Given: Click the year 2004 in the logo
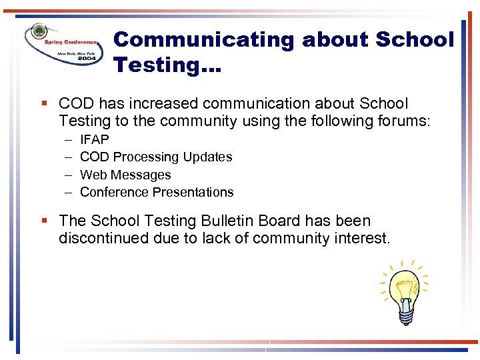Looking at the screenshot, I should tap(85, 58).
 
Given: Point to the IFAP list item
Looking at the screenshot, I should tap(94, 139).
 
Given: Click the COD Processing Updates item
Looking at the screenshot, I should tap(156, 157).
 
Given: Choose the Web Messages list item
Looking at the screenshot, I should tap(125, 175).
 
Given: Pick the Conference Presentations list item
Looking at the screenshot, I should tap(157, 192).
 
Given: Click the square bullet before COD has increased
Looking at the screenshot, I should tap(43, 104).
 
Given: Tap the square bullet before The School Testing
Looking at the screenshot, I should tap(43, 221).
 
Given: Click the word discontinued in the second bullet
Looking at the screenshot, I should tap(103, 238).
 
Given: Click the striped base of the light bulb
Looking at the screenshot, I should tap(405, 316).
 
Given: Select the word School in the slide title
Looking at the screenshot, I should tap(414, 40).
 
